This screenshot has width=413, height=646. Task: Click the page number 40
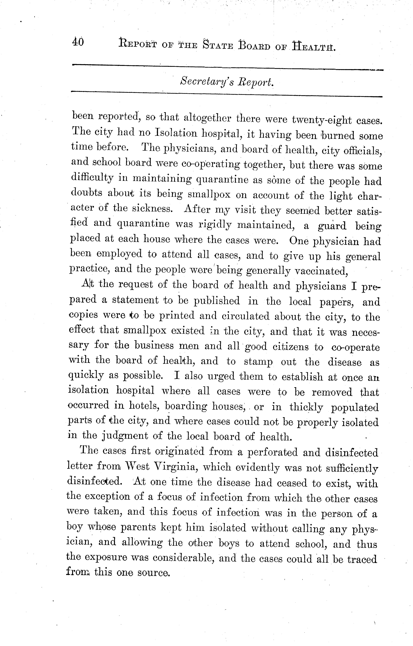(x=78, y=42)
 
